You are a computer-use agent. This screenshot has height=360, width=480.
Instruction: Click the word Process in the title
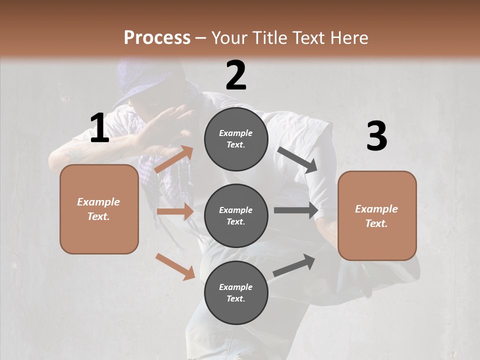(157, 37)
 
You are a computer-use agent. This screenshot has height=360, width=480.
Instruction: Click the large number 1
(99, 128)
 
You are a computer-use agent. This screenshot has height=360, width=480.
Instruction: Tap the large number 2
(236, 75)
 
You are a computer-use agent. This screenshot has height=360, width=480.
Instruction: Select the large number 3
(376, 136)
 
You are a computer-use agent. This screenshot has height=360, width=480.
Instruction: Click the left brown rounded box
(99, 209)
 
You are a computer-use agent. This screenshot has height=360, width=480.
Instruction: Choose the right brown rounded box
(377, 215)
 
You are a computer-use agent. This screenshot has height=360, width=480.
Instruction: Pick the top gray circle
(236, 139)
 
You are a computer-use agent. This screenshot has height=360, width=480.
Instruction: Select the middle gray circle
(236, 215)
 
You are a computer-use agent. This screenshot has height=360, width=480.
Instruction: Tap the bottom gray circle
(236, 292)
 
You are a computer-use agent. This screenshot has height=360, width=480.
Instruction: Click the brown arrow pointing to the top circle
(174, 159)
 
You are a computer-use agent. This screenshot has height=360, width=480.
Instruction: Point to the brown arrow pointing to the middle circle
(175, 211)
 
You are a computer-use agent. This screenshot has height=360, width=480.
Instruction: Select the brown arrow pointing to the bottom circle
(175, 266)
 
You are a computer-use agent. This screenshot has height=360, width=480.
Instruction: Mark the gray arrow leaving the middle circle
(296, 210)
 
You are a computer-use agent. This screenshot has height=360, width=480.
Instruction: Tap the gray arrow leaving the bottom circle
(294, 265)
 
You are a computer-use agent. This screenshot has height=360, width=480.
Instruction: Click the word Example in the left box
(98, 202)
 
